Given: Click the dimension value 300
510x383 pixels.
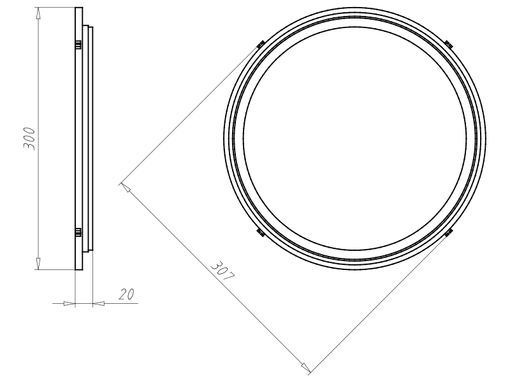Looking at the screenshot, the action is click(29, 139).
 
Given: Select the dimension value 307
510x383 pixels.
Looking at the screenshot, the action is click(222, 271).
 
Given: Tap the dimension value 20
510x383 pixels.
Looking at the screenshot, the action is click(126, 294).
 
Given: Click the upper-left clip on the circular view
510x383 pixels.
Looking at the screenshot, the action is click(261, 44).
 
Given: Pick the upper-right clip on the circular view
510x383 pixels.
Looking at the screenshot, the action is click(449, 43).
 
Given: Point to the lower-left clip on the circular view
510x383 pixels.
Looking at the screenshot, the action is click(261, 232).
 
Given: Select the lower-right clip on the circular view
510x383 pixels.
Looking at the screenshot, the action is click(449, 232).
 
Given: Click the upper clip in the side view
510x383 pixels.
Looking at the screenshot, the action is click(78, 45).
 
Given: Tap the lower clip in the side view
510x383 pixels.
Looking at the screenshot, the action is click(78, 232).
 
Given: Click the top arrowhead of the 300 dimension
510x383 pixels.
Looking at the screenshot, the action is click(38, 13).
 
